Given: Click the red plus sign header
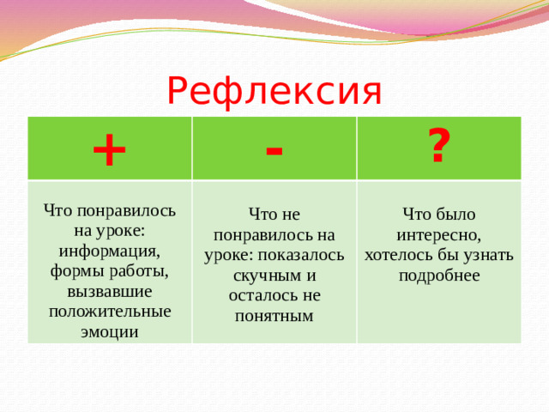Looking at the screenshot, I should (109, 151).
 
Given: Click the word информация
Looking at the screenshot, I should (107, 251).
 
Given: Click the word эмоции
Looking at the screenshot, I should (109, 331).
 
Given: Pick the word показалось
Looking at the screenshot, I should (305, 255).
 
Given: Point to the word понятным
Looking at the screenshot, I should (274, 316).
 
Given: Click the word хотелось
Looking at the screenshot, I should (398, 255).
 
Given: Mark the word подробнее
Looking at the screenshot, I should (438, 276).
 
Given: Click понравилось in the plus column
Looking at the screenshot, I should (126, 211).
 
